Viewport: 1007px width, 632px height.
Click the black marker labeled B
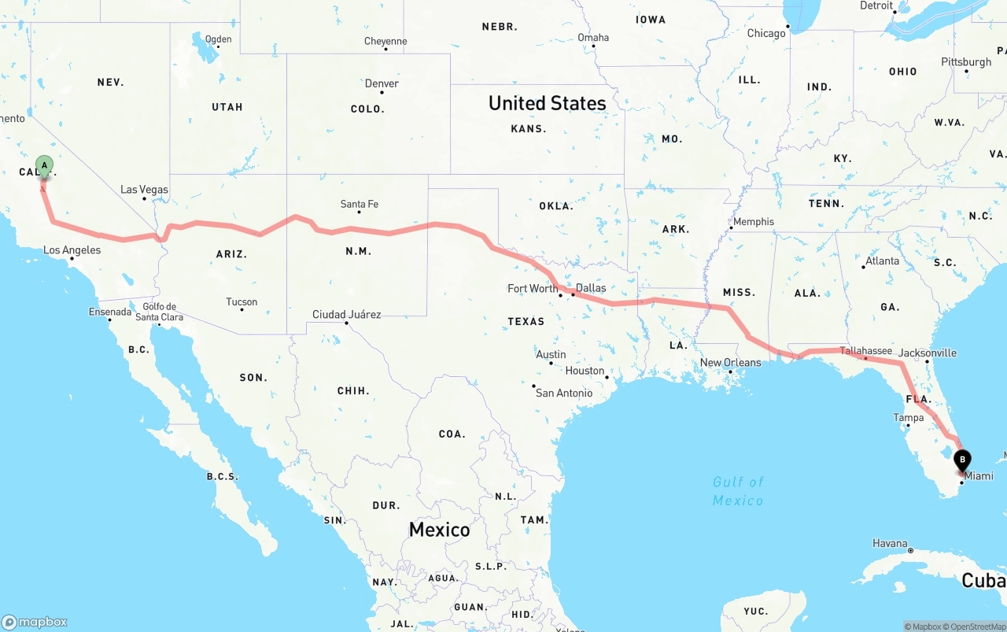[962, 460]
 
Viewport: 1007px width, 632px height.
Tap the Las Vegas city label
[144, 190]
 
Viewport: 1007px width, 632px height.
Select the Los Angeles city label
[72, 250]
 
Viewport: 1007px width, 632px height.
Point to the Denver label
[382, 83]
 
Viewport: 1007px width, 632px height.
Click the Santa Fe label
[359, 204]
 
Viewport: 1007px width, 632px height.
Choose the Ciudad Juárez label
[346, 315]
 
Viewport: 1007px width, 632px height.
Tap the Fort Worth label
[533, 288]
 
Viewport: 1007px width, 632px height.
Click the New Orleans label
[731, 363]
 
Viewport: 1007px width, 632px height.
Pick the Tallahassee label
[865, 351]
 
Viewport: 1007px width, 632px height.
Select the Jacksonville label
[927, 353]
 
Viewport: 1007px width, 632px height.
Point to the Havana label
[890, 543]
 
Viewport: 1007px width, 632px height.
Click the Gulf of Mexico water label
[738, 491]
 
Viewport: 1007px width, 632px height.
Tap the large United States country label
[547, 103]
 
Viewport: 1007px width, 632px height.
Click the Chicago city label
[765, 33]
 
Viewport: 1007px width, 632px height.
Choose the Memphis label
[754, 222]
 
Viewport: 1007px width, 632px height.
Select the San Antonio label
[564, 393]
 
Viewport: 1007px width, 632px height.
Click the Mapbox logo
[35, 622]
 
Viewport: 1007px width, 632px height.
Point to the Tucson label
[242, 302]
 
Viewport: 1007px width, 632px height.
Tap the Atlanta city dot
[863, 267]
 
